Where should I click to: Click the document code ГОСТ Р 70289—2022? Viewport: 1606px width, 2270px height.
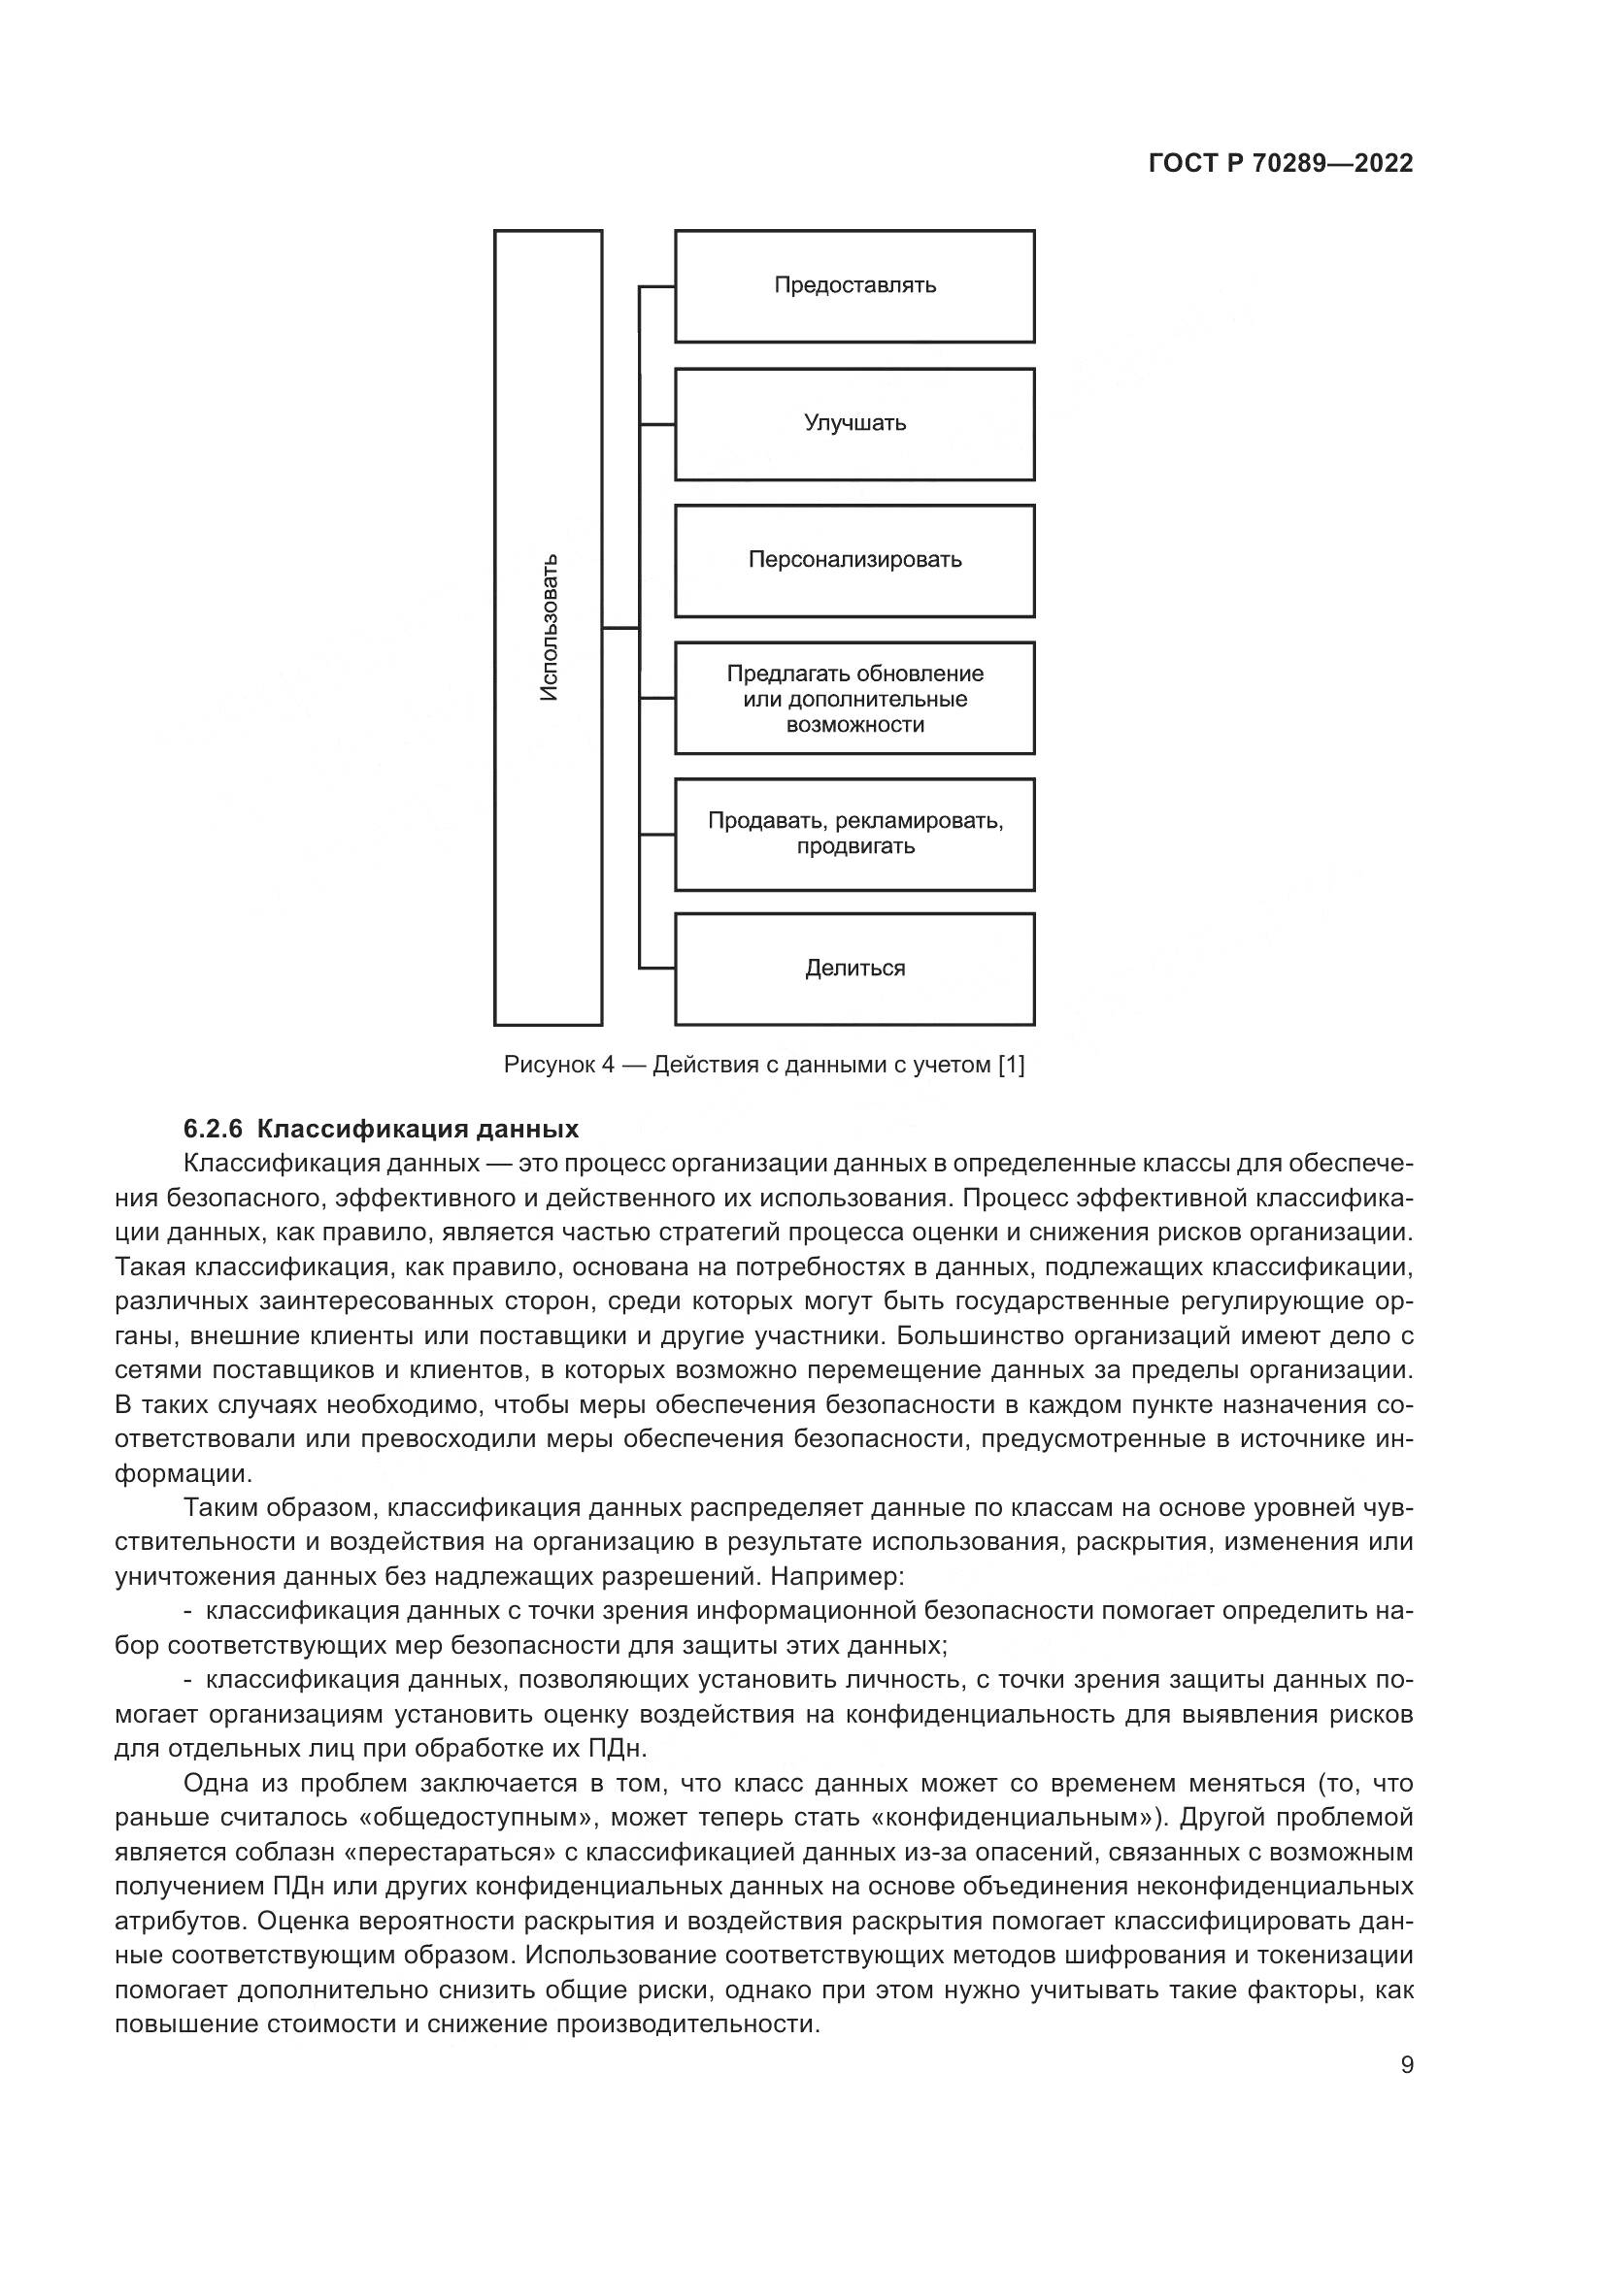tap(1281, 163)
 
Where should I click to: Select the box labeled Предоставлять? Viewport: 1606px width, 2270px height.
tap(854, 285)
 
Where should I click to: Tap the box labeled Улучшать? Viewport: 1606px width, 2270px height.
tap(854, 424)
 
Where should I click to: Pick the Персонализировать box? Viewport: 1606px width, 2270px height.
tap(854, 561)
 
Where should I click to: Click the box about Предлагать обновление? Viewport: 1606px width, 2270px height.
tap(854, 698)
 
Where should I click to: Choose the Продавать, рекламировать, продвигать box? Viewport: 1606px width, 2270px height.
tap(854, 834)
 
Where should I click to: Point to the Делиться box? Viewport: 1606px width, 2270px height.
tap(854, 969)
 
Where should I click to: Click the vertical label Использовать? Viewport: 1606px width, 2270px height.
tap(549, 628)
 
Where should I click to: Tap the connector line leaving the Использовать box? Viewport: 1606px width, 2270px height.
tap(620, 628)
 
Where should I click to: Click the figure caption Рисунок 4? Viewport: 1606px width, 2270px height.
tap(558, 1065)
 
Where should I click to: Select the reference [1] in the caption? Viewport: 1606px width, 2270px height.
tap(1011, 1065)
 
